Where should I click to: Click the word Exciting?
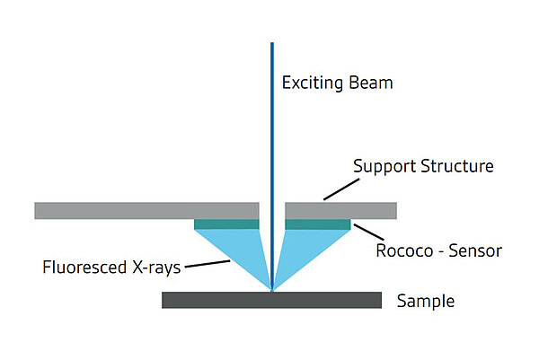(x=311, y=83)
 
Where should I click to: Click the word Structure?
(x=457, y=166)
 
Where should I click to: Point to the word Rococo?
(x=403, y=250)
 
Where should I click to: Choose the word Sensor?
(x=477, y=250)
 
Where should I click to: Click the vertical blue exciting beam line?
(x=271, y=135)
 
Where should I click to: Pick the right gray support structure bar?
(x=340, y=210)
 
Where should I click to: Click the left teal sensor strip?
(x=226, y=224)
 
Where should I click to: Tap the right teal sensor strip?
(x=317, y=224)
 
